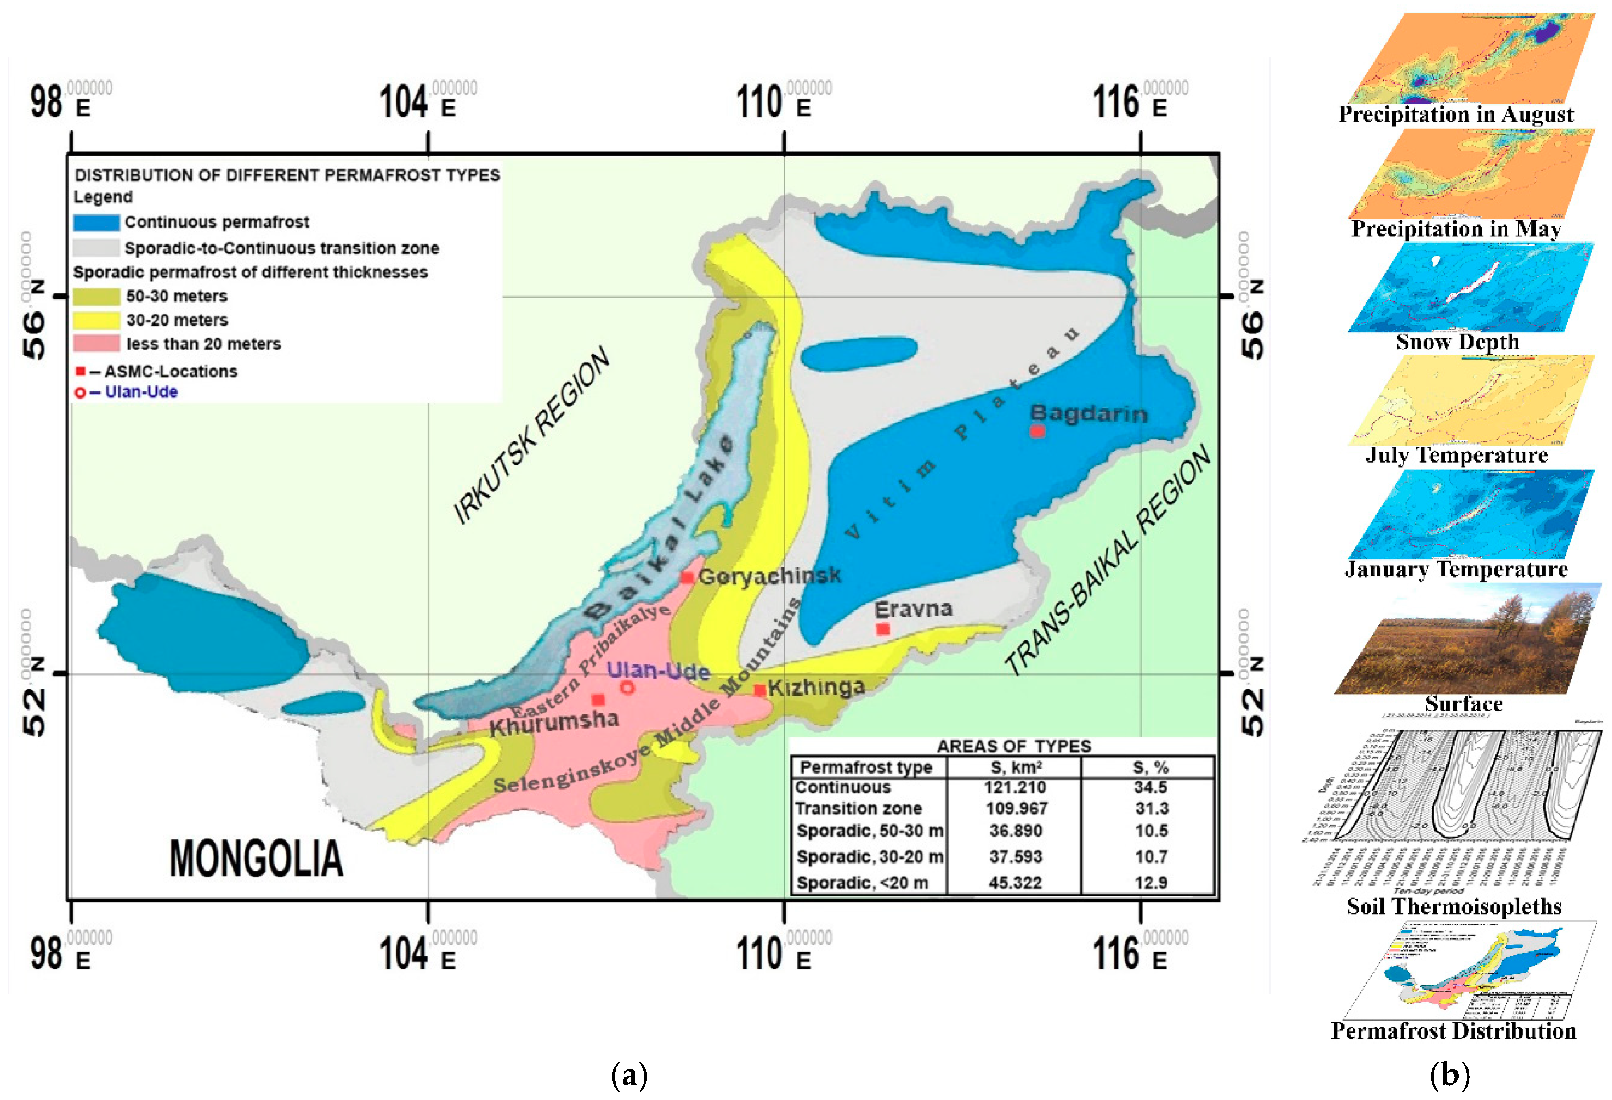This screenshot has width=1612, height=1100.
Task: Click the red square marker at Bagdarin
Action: pyautogui.click(x=1036, y=431)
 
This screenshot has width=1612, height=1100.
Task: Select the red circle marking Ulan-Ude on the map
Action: pyautogui.click(x=627, y=687)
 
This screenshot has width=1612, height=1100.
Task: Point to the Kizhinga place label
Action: pyautogui.click(x=816, y=687)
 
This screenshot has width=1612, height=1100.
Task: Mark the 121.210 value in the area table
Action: pyautogui.click(x=1014, y=787)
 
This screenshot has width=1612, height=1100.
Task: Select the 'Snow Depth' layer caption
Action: pyautogui.click(x=1457, y=342)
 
